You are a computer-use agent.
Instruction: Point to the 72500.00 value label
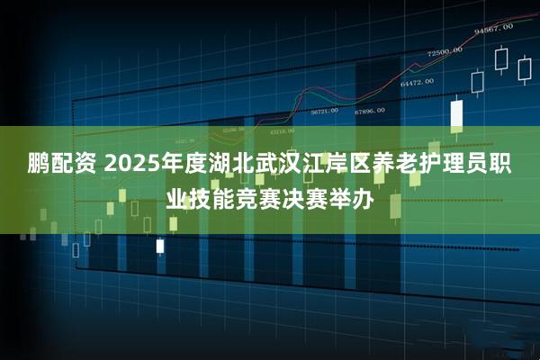[445, 51]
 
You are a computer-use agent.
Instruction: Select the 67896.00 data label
[369, 112]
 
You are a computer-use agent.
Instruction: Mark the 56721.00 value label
[324, 112]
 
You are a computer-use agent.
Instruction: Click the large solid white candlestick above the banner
[456, 114]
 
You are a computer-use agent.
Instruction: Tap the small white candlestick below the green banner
[160, 245]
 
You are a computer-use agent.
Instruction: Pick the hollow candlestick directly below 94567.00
[500, 59]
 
